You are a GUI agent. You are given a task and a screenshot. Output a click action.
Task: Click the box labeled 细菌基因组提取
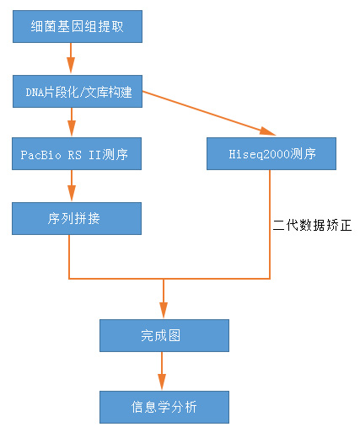tap(78, 27)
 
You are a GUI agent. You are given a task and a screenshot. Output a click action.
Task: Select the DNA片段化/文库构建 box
tap(78, 91)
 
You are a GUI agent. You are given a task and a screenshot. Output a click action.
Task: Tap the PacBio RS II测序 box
tap(77, 153)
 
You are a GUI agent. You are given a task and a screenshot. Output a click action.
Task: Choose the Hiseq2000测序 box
tap(271, 153)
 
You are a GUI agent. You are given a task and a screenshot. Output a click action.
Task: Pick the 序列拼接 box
tap(77, 218)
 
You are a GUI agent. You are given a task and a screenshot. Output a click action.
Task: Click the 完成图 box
tap(164, 336)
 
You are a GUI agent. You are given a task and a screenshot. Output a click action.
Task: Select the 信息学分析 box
tap(164, 407)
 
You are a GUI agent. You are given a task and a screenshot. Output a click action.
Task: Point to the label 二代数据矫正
tap(312, 225)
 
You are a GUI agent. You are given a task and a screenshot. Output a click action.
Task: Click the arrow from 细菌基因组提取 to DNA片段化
tap(71, 58)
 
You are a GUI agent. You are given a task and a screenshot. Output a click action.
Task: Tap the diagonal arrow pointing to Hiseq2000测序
tap(209, 113)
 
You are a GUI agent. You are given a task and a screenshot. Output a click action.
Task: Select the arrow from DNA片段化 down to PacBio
tap(72, 122)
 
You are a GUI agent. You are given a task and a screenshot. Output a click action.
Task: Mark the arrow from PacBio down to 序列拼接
tap(72, 185)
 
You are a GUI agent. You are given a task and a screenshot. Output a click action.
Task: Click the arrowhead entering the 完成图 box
tap(164, 310)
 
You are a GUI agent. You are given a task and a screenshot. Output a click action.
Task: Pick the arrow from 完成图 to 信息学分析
tap(162, 371)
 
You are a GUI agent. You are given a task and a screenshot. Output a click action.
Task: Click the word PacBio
tap(40, 155)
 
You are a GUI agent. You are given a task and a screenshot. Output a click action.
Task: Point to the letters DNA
tap(35, 93)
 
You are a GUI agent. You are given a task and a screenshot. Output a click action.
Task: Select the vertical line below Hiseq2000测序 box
tap(270, 224)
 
